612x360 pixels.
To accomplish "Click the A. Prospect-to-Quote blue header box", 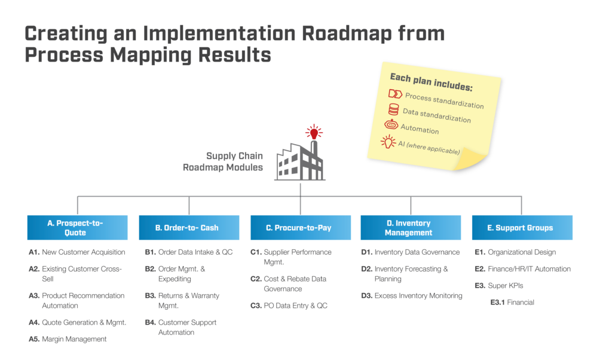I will coord(78,228).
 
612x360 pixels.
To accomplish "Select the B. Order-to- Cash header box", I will coord(189,228).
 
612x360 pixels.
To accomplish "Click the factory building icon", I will coord(299,161).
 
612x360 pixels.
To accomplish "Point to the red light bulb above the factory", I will coord(313,132).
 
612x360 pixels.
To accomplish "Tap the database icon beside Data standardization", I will coord(393,109).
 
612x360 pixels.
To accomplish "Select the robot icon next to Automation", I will coord(391,124).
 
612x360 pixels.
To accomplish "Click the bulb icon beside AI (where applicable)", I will coord(389,141).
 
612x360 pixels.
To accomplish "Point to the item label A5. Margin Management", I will coord(68,339).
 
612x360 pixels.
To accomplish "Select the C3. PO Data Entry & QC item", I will coord(289,306).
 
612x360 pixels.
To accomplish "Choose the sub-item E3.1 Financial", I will coord(512,303).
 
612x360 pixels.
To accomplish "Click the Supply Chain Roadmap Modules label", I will coord(223,162).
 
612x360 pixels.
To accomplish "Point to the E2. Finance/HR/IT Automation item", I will coord(522,269).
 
